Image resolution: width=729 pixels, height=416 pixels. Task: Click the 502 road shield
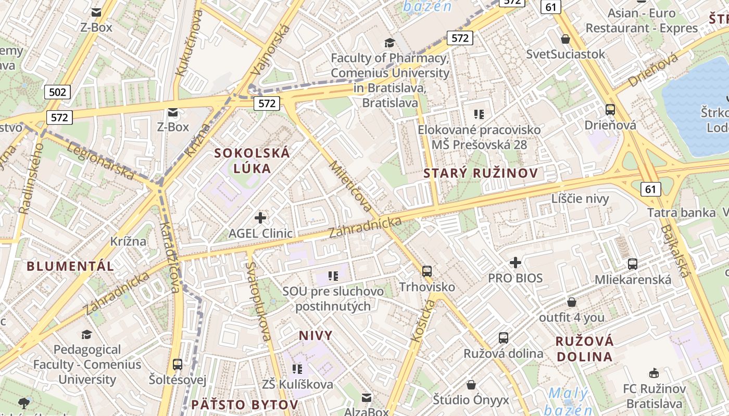click(x=57, y=93)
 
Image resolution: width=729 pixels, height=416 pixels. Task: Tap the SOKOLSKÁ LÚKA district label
click(x=253, y=161)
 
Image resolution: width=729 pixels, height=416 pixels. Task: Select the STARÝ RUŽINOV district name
click(x=481, y=173)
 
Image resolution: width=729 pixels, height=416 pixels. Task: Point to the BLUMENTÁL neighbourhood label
click(x=70, y=266)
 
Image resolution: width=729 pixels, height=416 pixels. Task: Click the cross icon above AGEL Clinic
click(x=260, y=218)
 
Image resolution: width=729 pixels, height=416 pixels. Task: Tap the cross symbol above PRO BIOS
click(x=516, y=263)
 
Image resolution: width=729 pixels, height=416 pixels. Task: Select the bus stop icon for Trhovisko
click(x=427, y=271)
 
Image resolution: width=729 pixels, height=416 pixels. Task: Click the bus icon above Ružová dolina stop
click(x=504, y=337)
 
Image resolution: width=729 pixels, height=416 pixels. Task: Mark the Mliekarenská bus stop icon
click(x=633, y=264)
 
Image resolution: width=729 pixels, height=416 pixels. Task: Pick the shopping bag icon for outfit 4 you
click(x=572, y=302)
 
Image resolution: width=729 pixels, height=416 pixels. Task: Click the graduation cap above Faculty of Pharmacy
click(x=389, y=43)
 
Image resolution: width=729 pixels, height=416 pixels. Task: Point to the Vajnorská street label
click(x=270, y=49)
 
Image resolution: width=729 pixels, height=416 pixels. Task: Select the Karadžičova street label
click(x=170, y=257)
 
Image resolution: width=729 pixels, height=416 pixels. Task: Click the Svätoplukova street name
click(x=258, y=302)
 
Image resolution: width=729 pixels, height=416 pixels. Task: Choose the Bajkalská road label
click(x=675, y=251)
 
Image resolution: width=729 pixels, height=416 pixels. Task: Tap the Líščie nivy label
click(x=580, y=198)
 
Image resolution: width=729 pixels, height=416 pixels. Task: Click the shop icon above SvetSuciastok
click(x=565, y=39)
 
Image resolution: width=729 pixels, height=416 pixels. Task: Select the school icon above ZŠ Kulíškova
click(x=297, y=369)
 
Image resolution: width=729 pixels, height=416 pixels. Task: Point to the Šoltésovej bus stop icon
click(x=178, y=365)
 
